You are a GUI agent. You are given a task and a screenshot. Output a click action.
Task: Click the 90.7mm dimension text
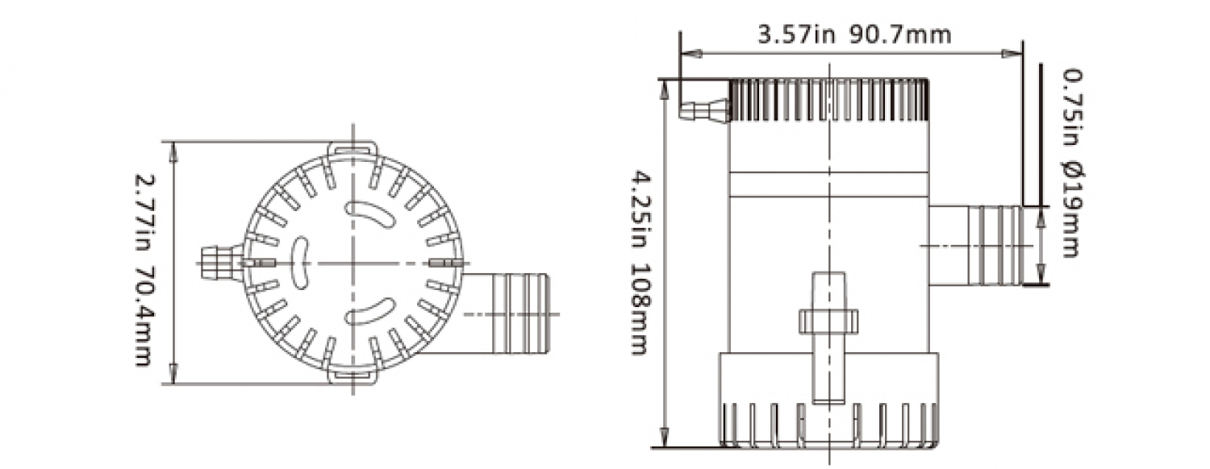900,35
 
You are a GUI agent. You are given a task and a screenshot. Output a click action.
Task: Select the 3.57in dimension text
797,35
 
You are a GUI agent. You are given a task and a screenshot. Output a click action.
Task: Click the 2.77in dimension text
144,214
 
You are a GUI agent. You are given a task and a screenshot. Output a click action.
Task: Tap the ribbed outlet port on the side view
975,246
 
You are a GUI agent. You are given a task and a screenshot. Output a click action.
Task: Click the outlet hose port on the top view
505,313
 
